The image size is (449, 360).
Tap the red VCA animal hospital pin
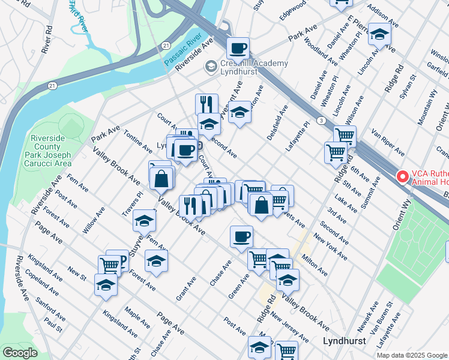click(403, 177)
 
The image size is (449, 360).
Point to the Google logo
click(20, 353)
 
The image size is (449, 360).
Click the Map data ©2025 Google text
click(411, 355)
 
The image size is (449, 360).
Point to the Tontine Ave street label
click(137, 140)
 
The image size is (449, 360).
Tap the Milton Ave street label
click(315, 263)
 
